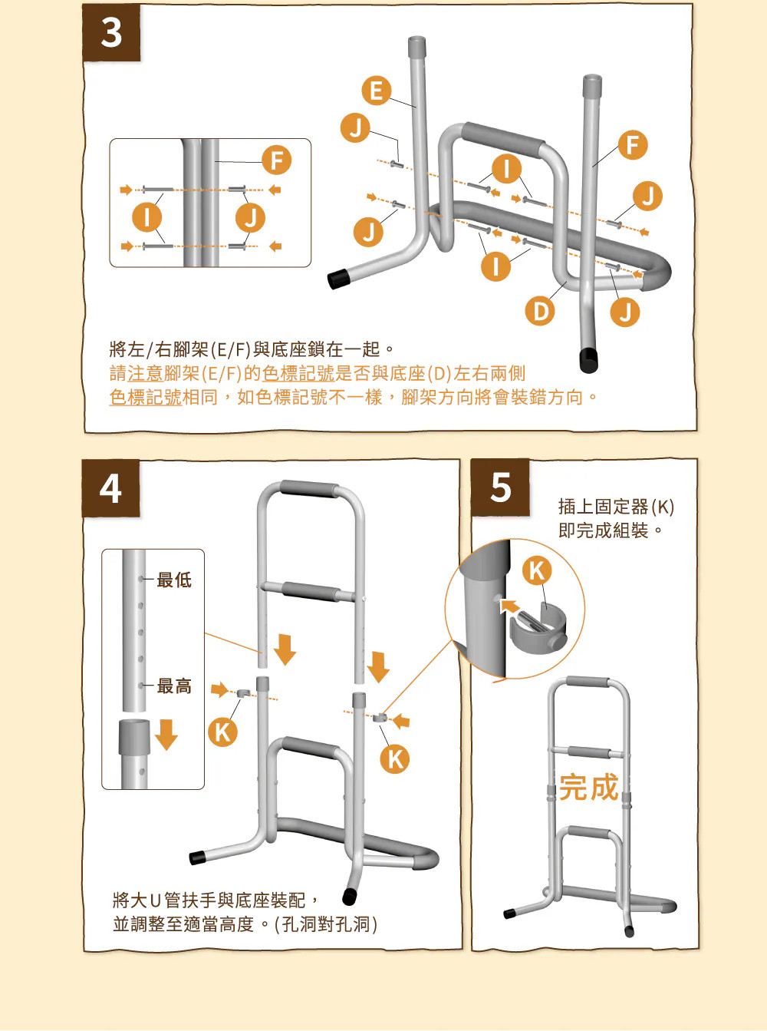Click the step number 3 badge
tap(111, 32)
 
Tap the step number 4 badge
tap(110, 488)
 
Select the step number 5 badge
tap(500, 487)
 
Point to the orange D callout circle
tap(540, 312)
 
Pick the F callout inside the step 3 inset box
tap(277, 160)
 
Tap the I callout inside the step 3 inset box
tap(146, 217)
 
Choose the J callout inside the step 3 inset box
tap(250, 218)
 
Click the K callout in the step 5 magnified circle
tap(537, 571)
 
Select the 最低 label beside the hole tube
tap(174, 580)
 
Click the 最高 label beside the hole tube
tap(174, 686)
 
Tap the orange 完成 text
tap(588, 788)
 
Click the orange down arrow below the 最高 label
tap(166, 735)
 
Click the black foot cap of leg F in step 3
tap(589, 361)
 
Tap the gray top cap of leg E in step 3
tap(416, 45)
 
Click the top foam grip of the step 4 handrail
tap(309, 489)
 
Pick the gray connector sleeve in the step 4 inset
tap(134, 737)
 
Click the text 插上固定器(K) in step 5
tap(616, 507)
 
